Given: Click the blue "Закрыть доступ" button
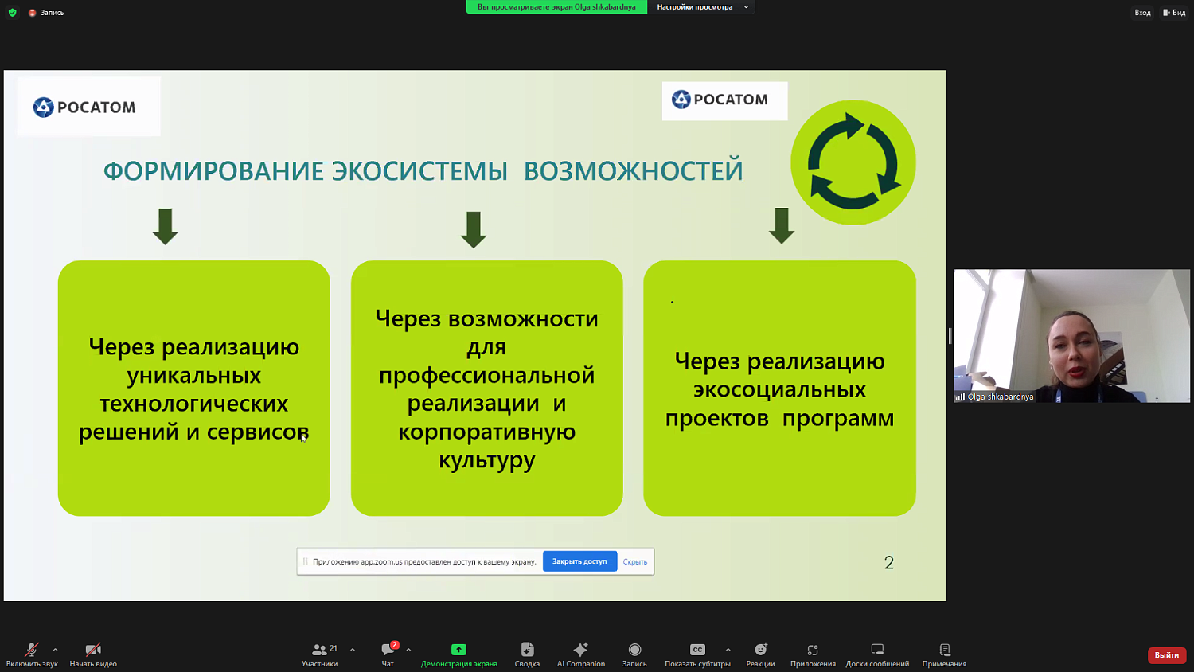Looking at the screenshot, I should click(579, 561).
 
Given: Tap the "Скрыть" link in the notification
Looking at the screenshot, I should click(634, 562).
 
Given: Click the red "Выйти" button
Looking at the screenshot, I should click(1166, 654).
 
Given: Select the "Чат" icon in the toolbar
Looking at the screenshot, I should click(388, 650).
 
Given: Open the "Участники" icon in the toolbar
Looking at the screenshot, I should click(319, 650).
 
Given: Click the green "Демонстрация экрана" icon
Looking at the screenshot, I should click(458, 650).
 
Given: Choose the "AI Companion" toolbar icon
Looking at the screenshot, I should click(580, 650).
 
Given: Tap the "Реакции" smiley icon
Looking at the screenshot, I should click(760, 650).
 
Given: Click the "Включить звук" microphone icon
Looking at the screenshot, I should click(31, 650).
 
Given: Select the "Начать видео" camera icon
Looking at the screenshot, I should click(93, 650).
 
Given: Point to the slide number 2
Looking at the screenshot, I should click(889, 563).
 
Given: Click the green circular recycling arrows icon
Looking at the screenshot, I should click(853, 162).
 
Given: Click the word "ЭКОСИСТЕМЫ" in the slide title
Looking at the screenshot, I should click(419, 171).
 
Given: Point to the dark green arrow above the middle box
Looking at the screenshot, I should click(474, 229).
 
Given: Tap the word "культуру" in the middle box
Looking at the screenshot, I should click(487, 460).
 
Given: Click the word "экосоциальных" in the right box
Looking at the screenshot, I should click(779, 390).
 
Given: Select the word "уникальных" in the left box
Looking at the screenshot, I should click(193, 376).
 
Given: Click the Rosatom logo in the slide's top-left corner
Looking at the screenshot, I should click(85, 107).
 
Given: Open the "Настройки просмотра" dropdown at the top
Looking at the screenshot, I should click(701, 7).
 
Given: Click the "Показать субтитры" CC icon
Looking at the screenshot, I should click(697, 650).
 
